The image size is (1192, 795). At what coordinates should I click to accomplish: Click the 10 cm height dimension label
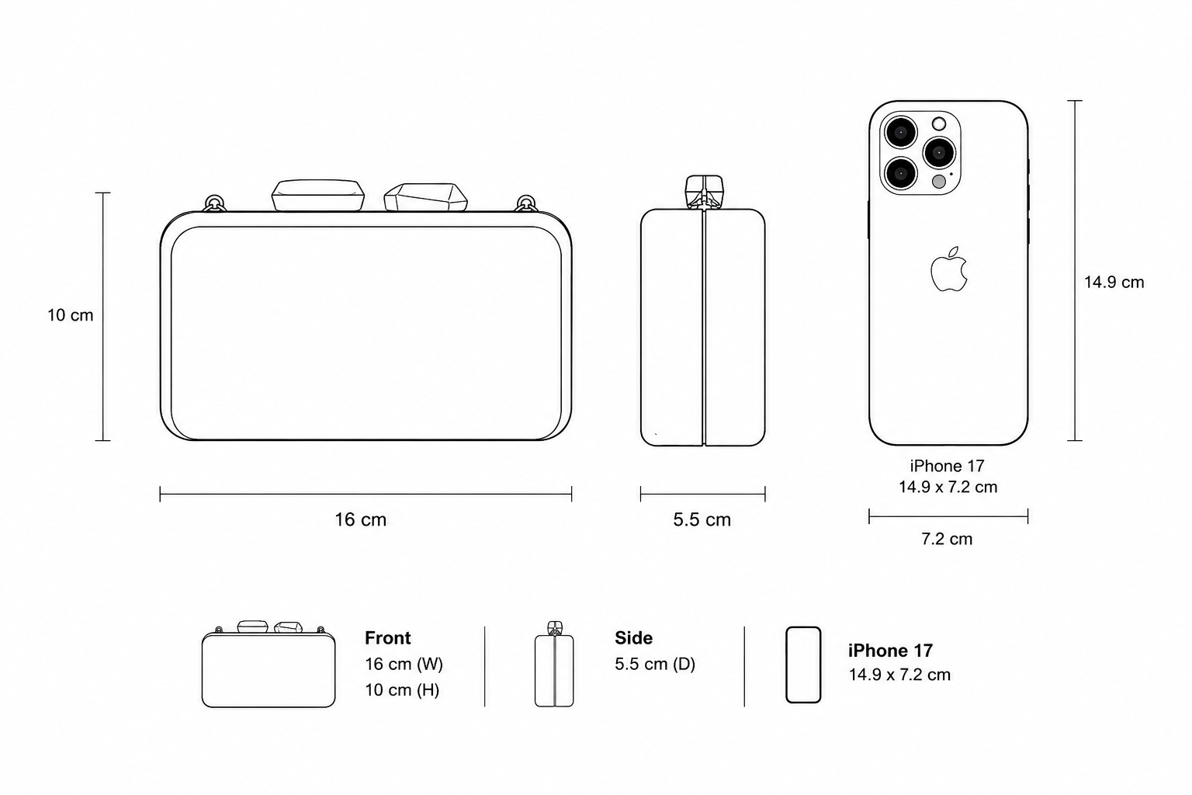coord(71,315)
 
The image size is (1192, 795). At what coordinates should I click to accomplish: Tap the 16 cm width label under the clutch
coord(360,519)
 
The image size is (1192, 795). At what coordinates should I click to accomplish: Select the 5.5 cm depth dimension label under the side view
coord(702,519)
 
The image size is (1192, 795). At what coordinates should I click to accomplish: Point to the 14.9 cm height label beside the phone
coord(1114,283)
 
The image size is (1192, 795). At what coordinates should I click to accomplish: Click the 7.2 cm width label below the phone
coord(947,539)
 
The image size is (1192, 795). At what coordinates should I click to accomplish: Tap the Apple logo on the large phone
coord(949,269)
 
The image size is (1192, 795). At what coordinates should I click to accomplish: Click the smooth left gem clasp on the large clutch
coord(318,196)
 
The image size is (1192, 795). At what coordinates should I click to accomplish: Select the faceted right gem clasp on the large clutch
coord(426,197)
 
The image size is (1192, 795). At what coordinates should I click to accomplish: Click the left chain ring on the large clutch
coord(214,203)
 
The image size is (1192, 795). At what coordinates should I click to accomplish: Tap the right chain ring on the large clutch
coord(527,203)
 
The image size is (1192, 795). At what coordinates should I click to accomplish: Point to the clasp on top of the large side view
coord(704,192)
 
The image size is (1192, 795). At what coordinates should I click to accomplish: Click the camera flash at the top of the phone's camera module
coord(939,124)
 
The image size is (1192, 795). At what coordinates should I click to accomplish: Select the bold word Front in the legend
coord(387,638)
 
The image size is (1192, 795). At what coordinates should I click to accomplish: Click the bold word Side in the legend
coord(633,638)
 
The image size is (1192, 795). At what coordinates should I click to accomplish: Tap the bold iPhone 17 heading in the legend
coord(890,651)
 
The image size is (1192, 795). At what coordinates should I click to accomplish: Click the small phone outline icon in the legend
coord(803,665)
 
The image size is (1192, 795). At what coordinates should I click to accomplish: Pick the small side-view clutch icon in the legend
coord(554,664)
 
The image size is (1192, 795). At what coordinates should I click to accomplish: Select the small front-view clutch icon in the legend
coord(269,664)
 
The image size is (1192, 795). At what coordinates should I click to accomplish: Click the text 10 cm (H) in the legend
coord(402,690)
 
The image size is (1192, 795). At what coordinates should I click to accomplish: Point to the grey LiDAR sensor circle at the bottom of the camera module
coord(939,182)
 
